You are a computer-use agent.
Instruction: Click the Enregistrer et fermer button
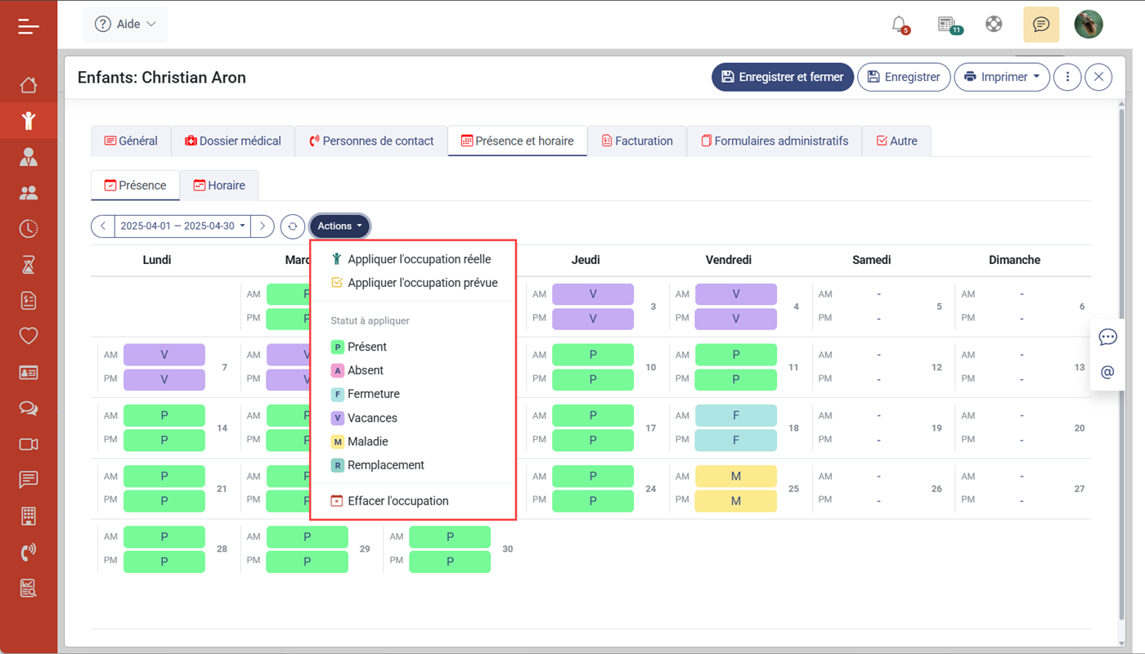[x=783, y=77]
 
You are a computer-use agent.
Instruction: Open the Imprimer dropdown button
[x=1002, y=77]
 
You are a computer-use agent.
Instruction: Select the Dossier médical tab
[x=232, y=141]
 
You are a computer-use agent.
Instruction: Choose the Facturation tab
[x=636, y=141]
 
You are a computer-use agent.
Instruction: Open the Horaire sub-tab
[x=219, y=186]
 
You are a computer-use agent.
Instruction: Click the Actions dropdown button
[x=339, y=226]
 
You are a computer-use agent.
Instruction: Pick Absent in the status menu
[x=365, y=370]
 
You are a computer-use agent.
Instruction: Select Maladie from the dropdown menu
[x=367, y=441]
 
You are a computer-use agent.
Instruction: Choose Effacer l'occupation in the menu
[x=397, y=501]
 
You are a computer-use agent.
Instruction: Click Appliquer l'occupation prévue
[x=422, y=283]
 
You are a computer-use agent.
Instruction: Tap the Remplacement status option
[x=385, y=465]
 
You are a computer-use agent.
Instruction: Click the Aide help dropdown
[x=126, y=25]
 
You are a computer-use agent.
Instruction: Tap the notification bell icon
[x=899, y=24]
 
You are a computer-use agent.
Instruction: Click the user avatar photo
[x=1088, y=25]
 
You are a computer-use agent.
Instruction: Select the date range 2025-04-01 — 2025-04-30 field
[x=182, y=226]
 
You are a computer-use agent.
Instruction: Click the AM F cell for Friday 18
[x=735, y=415]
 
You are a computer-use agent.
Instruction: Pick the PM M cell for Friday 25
[x=735, y=500]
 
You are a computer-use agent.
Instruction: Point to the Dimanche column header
[x=1014, y=260]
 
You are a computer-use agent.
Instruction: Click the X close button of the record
[x=1098, y=77]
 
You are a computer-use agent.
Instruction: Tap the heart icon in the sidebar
[x=29, y=336]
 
